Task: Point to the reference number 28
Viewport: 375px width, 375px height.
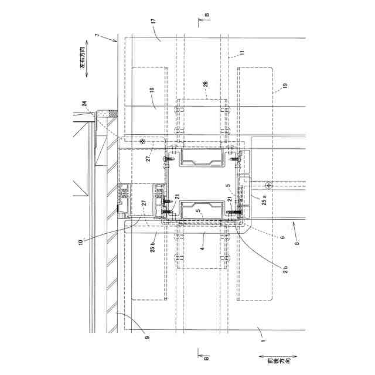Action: [x=205, y=85]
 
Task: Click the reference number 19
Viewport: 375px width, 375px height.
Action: [x=285, y=86]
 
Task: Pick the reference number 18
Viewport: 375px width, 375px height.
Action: [x=151, y=90]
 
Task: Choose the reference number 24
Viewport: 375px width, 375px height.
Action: [x=86, y=103]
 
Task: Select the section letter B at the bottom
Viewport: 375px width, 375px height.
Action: [x=206, y=356]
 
